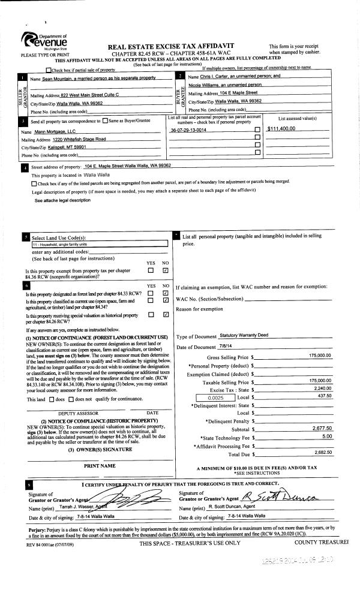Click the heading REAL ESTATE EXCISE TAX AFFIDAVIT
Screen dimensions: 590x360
click(170, 46)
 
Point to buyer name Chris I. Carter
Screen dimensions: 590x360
click(235, 77)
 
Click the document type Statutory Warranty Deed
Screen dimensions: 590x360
click(244, 335)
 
